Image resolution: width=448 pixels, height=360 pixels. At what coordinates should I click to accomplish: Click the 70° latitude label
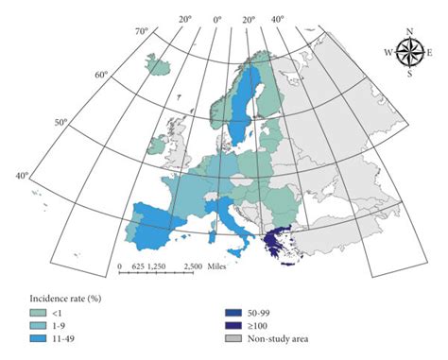[142, 32]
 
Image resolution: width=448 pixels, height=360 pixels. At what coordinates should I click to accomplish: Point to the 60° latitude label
[102, 75]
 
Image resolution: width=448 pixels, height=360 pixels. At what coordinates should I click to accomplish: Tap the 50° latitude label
[62, 122]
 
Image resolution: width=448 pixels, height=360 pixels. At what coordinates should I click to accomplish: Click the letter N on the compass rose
[410, 31]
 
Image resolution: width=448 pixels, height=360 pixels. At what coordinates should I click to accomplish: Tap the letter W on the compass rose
[389, 52]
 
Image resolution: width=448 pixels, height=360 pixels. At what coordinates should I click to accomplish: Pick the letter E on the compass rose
[431, 52]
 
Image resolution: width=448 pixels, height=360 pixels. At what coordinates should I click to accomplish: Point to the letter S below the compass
[410, 73]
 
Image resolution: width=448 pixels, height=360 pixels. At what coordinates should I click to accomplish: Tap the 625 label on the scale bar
[136, 266]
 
